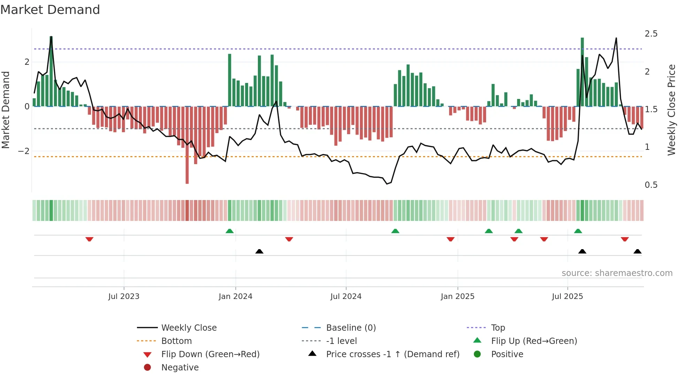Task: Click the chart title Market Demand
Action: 50,10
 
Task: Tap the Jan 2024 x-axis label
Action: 235,297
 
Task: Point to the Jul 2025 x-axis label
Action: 567,297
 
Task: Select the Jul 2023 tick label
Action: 124,297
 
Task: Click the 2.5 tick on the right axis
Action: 651,34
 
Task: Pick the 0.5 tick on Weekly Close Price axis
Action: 651,185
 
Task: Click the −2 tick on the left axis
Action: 24,151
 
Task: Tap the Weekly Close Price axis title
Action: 671,110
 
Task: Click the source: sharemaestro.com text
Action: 617,273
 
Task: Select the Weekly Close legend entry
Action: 189,328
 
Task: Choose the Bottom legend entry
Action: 176,341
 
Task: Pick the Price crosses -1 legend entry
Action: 392,354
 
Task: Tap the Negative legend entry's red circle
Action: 147,368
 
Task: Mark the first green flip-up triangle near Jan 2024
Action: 229,231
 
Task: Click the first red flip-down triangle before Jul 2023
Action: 89,239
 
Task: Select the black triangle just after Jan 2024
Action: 259,251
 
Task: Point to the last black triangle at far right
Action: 637,251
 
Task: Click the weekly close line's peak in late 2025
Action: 616,38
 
